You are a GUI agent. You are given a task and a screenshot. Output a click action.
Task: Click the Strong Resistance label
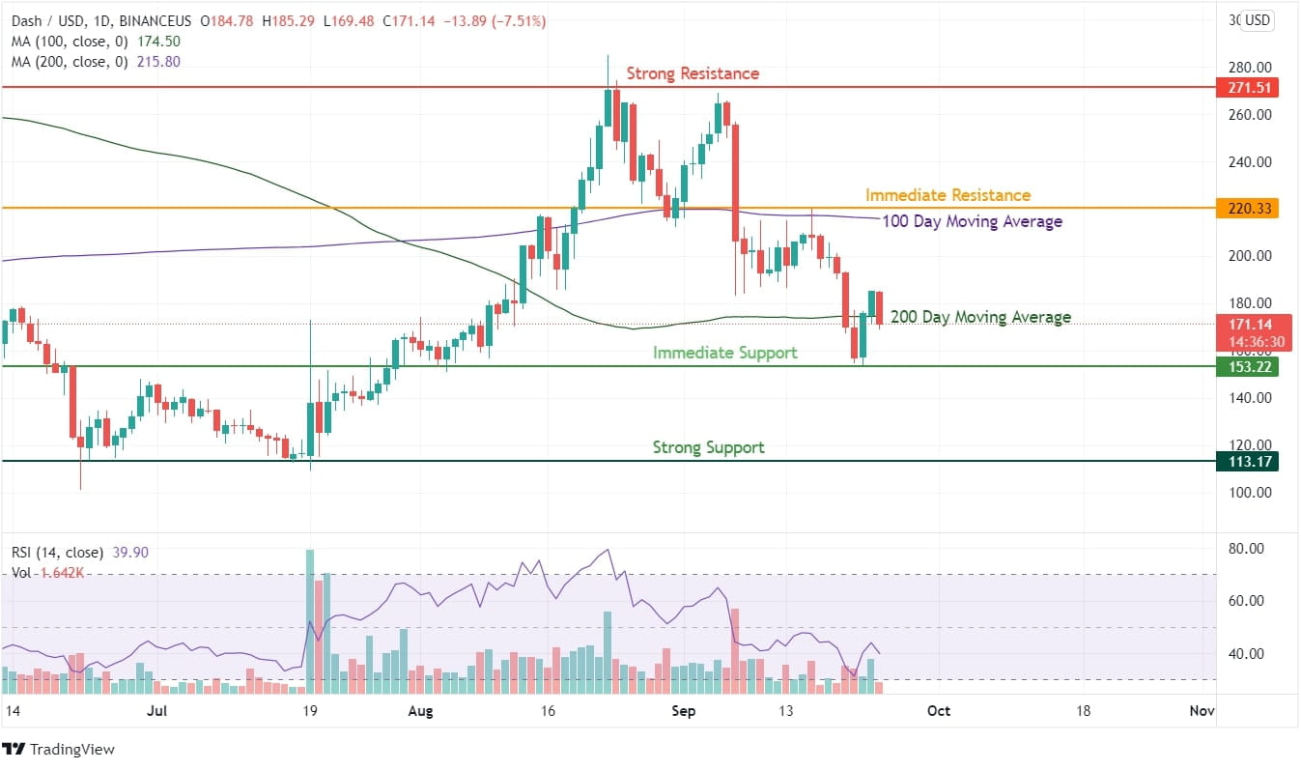coord(693,73)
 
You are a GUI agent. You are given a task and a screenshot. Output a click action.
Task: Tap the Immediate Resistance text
coord(947,195)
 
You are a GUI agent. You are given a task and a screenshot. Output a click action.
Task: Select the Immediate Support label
coord(724,353)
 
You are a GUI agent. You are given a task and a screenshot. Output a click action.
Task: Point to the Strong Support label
coord(708,447)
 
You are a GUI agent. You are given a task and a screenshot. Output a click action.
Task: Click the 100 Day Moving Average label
coord(972,221)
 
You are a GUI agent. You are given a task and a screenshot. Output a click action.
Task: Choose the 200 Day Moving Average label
coord(980,317)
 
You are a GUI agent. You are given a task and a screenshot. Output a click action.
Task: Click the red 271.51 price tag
coord(1250,88)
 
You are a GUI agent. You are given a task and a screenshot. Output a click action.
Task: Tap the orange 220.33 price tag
coord(1250,208)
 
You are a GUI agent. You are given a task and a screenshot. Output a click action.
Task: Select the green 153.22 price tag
coord(1250,367)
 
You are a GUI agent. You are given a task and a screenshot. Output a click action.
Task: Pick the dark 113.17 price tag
coord(1250,462)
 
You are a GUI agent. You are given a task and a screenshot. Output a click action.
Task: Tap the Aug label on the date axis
coord(419,711)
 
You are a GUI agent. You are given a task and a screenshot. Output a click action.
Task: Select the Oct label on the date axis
coord(938,711)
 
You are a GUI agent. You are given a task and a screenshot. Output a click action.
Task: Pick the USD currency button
coord(1258,20)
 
